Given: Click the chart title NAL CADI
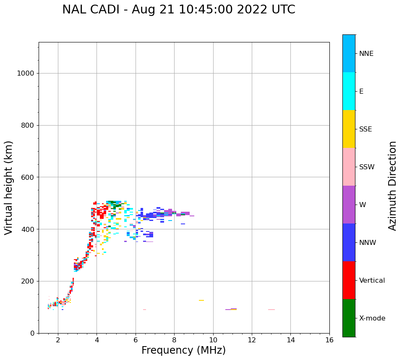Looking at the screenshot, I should pyautogui.click(x=178, y=10).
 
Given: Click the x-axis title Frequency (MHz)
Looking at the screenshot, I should pyautogui.click(x=183, y=350).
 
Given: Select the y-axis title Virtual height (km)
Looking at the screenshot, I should pyautogui.click(x=9, y=188).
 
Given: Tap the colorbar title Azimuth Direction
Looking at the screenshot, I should pyautogui.click(x=392, y=186).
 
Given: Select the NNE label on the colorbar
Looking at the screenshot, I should pyautogui.click(x=366, y=54).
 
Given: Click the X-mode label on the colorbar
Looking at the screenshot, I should pyautogui.click(x=372, y=318).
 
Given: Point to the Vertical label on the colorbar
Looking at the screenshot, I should pyautogui.click(x=372, y=281).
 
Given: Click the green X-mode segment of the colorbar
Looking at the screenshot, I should pyautogui.click(x=349, y=318).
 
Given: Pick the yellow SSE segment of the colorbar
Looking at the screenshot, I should pyautogui.click(x=349, y=129).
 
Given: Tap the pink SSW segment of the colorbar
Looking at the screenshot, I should pyautogui.click(x=349, y=167).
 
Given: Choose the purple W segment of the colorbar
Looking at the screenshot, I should pyautogui.click(x=349, y=205).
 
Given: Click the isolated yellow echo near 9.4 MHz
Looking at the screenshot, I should pyautogui.click(x=201, y=300).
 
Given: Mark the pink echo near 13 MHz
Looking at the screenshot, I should pyautogui.click(x=271, y=310).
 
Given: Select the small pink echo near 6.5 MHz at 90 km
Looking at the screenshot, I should pyautogui.click(x=144, y=310).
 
